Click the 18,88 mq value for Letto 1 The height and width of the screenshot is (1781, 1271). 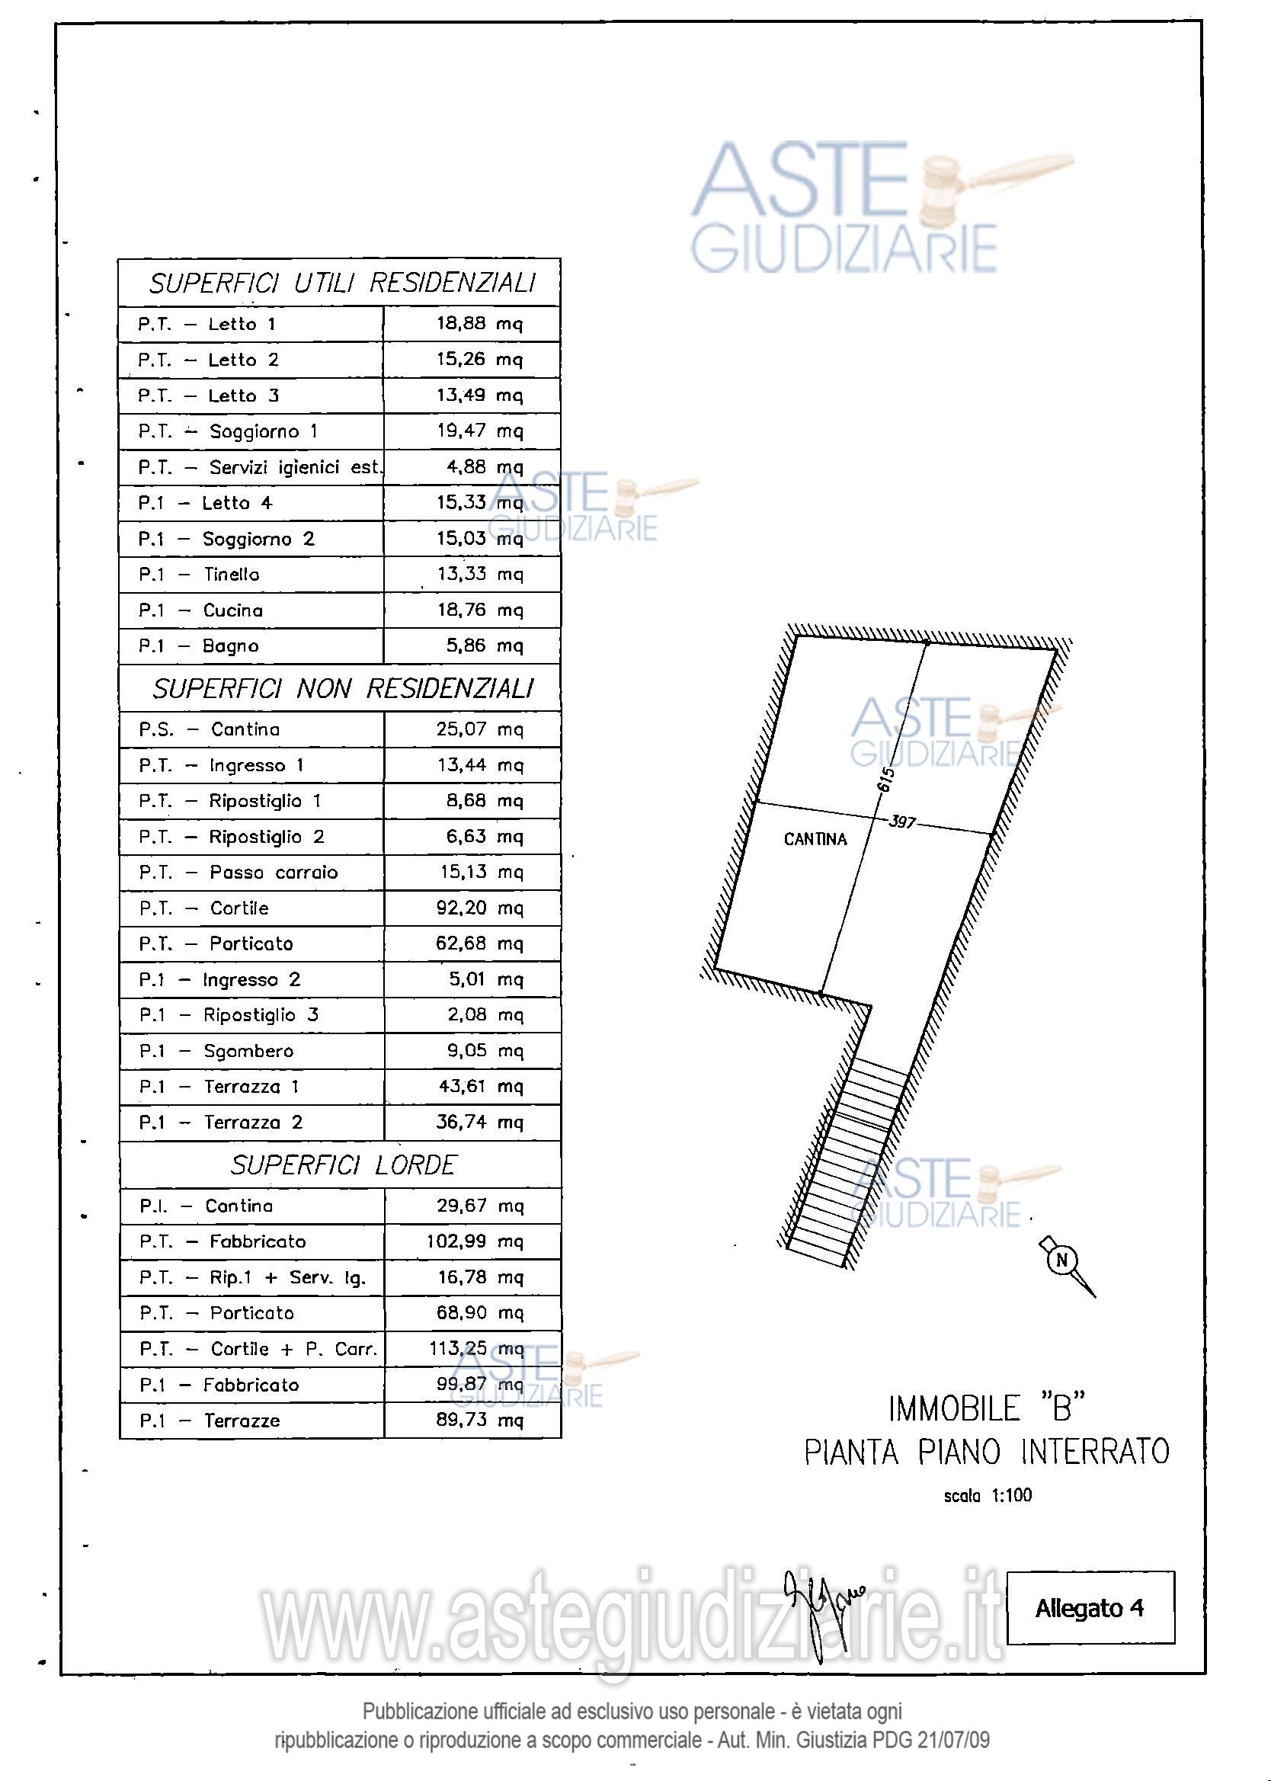click(x=479, y=324)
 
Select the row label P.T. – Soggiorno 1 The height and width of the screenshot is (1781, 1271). click(x=228, y=431)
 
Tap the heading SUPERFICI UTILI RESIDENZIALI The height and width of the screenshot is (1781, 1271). click(x=342, y=283)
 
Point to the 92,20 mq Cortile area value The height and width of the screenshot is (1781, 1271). click(x=479, y=908)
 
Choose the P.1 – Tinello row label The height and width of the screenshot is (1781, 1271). click(x=199, y=575)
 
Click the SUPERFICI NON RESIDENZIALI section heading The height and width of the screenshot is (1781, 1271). click(x=342, y=689)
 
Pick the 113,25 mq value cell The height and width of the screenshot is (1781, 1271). click(x=475, y=1348)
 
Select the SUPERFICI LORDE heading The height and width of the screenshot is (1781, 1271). click(x=343, y=1165)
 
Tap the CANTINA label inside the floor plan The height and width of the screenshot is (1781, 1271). click(x=815, y=840)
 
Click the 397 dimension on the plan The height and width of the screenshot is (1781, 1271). click(x=901, y=822)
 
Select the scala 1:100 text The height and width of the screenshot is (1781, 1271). click(x=987, y=1495)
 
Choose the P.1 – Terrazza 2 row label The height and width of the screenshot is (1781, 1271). click(x=221, y=1122)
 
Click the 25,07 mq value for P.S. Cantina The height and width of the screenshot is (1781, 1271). click(x=479, y=729)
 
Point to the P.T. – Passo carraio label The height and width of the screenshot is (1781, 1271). click(x=238, y=873)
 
